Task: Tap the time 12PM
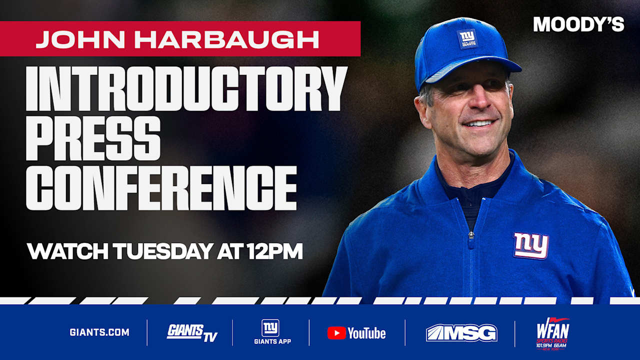tap(275, 252)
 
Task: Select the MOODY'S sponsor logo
tap(578, 24)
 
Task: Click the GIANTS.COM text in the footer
tap(99, 332)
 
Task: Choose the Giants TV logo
tap(192, 332)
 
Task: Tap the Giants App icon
tap(270, 328)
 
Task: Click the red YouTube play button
tap(336, 333)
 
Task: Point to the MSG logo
tap(461, 333)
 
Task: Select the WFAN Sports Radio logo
tap(552, 333)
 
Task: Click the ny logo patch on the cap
tap(467, 38)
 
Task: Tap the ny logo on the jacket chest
tap(531, 245)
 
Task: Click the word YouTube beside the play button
tap(367, 333)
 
